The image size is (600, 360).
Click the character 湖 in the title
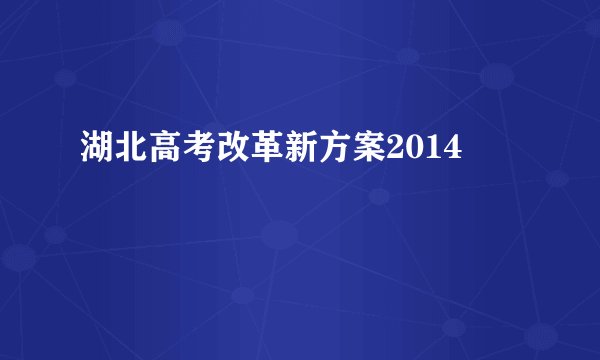[95, 152]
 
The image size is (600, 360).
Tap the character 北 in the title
[129, 152]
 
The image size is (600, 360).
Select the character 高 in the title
[163, 152]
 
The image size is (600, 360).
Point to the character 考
[197, 152]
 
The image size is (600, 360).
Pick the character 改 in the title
[231, 152]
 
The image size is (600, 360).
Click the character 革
[265, 152]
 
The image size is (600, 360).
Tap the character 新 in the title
[299, 152]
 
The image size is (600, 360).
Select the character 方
[333, 152]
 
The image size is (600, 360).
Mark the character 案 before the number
[367, 152]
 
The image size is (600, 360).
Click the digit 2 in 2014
[394, 152]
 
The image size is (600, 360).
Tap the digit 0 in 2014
[413, 152]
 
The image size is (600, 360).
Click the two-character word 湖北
[112, 152]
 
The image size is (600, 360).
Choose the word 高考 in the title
[180, 152]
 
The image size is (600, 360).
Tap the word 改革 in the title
[248, 152]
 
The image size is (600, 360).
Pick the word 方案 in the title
[350, 152]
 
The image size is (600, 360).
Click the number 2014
[423, 152]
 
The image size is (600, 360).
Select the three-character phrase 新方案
[333, 152]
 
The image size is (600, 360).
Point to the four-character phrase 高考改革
[214, 152]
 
